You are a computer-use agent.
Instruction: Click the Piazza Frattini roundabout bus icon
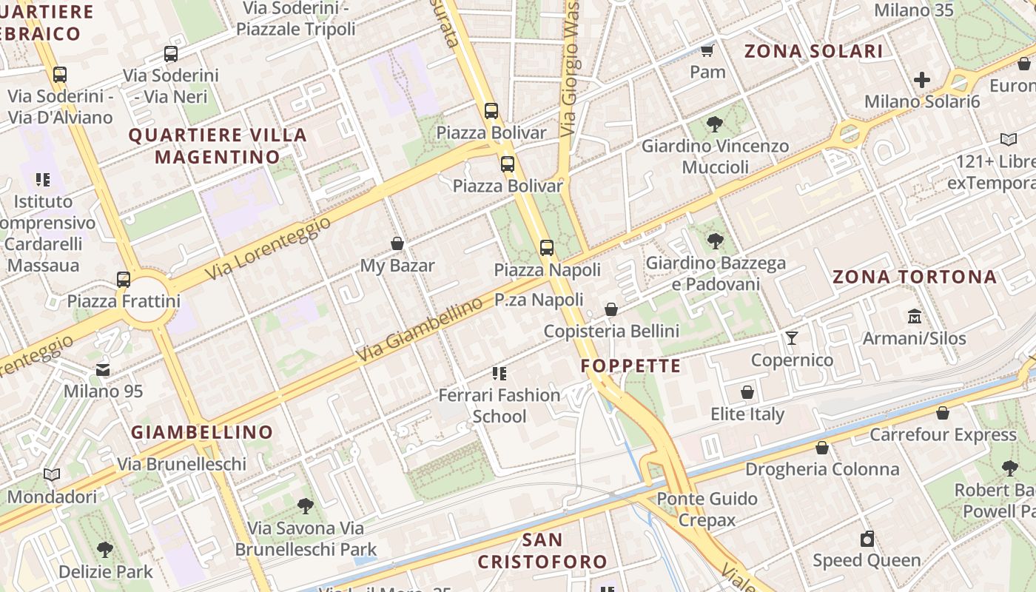(124, 280)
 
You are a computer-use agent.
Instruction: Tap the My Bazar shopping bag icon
(397, 243)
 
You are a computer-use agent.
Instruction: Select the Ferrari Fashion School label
(499, 406)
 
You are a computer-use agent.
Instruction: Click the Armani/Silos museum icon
(915, 316)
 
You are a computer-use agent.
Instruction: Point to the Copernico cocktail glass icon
(792, 338)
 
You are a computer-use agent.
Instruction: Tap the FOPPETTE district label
(630, 366)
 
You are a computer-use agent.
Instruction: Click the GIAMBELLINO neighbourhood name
(202, 432)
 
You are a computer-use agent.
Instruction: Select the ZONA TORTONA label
(915, 277)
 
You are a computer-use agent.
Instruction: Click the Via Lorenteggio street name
(267, 249)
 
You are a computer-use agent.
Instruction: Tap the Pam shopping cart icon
(707, 50)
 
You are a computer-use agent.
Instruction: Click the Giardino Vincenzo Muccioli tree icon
(715, 124)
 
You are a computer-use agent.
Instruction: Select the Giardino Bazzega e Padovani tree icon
(715, 240)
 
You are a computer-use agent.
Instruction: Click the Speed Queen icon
(867, 539)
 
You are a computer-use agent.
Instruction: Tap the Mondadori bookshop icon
(52, 474)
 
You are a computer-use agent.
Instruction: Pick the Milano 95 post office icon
(103, 369)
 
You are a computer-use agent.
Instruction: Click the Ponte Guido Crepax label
(707, 509)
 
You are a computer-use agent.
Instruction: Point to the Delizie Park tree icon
(105, 550)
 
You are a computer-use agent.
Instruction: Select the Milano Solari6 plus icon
(922, 79)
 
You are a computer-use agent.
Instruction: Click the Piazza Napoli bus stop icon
(547, 248)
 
